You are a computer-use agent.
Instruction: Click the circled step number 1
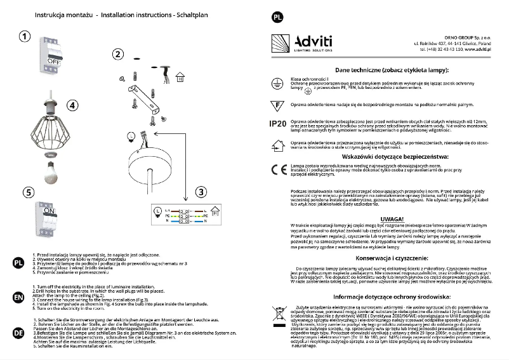coord(23,37)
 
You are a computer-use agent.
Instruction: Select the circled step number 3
coord(200,192)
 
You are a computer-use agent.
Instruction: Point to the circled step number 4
coord(72,105)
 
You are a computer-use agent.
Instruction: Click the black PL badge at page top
coord(277,17)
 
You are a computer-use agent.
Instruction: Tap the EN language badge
coord(19,297)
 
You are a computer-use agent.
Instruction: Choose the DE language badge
coord(19,331)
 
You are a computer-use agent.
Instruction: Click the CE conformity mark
coord(277,170)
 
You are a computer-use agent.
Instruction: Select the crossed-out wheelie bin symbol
coord(278,313)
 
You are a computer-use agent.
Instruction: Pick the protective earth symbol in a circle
coord(277,82)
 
